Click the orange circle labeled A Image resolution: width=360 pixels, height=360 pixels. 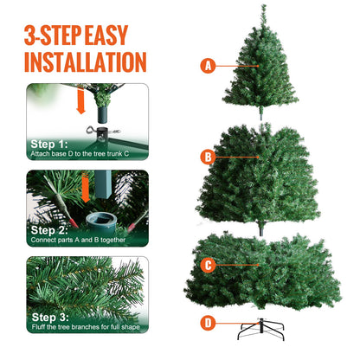pos(207,65)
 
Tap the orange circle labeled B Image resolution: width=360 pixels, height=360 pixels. pos(207,157)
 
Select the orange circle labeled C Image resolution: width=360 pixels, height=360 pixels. pos(207,266)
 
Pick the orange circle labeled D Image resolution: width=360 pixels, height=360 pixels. pos(207,323)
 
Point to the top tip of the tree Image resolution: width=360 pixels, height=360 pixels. pos(262,8)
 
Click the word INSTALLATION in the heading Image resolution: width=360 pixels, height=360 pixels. pos(85,61)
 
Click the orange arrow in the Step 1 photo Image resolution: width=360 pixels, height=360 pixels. pos(80,102)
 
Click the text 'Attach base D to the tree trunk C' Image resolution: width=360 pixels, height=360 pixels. pos(79,153)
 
